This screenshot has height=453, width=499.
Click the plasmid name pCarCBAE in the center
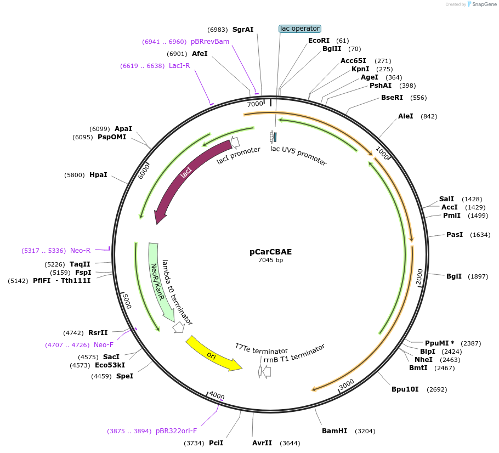pos(270,252)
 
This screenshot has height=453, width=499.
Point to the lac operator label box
pos(299,29)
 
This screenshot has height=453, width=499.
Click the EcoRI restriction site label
pos(319,41)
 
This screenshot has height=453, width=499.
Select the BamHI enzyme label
pos(334,431)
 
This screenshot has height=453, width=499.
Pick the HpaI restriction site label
pos(98,175)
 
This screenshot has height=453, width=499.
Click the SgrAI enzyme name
pos(243,29)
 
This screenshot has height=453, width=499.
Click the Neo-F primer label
pos(104,344)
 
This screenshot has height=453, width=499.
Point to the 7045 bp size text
pos(270,261)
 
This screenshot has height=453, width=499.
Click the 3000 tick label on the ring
pos(347,385)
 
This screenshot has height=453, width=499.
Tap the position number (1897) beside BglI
pos(478,276)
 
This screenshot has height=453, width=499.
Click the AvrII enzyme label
pos(262,443)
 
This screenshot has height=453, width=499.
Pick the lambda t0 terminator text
pos(177,292)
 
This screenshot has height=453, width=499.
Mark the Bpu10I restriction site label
pos(405,389)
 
